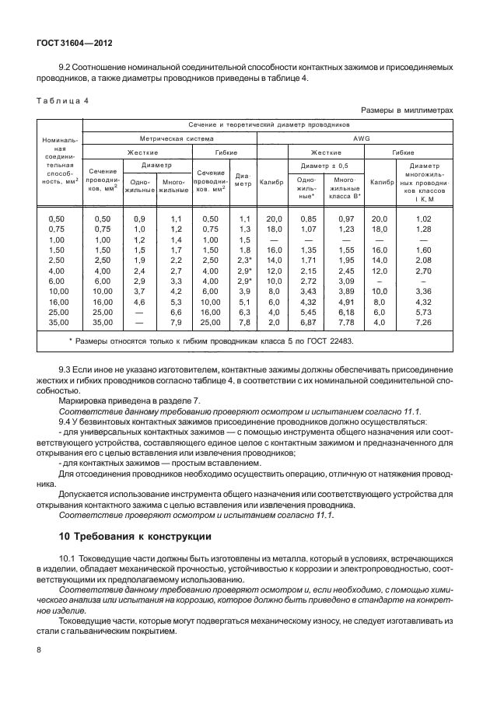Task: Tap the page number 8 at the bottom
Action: [38, 648]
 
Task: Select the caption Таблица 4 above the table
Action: [62, 101]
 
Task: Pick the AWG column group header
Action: [357, 138]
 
